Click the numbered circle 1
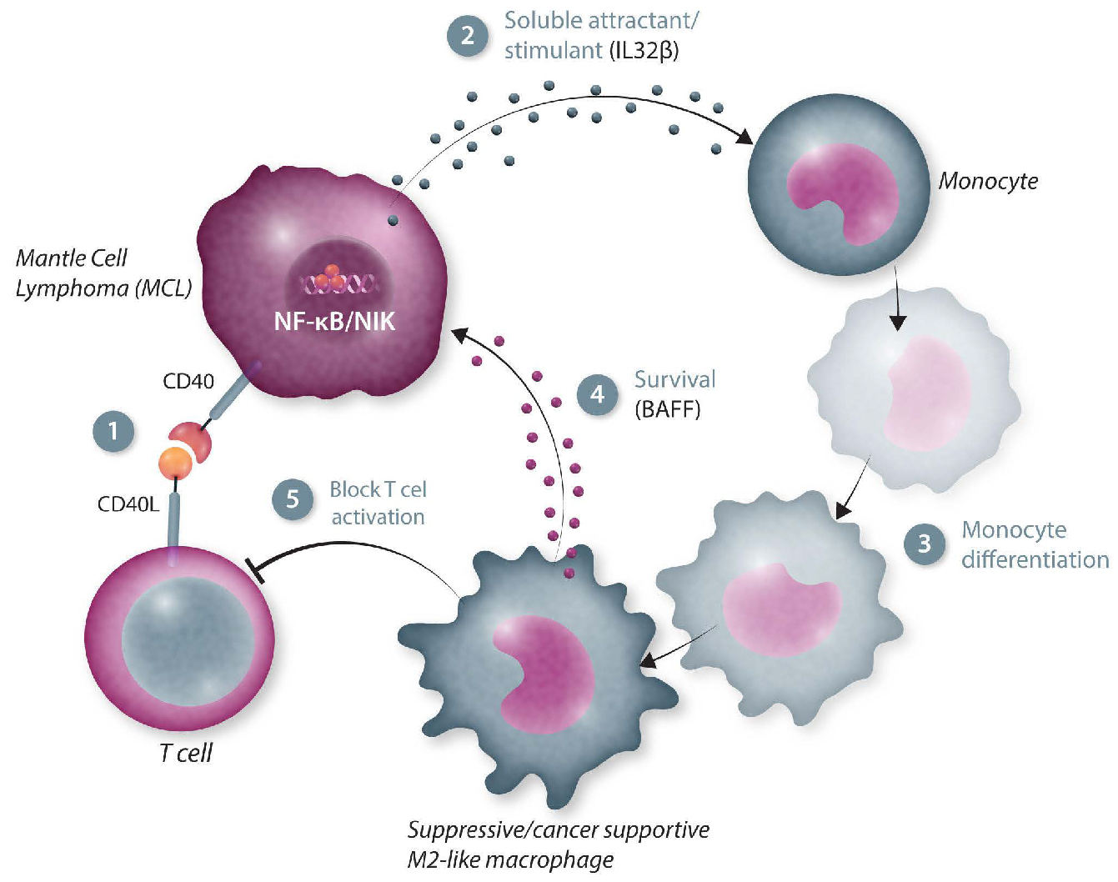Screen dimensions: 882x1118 click(x=113, y=431)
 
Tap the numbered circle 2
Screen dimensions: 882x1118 click(x=467, y=36)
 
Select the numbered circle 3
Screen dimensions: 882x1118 click(x=924, y=544)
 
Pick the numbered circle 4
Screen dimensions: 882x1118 click(x=597, y=393)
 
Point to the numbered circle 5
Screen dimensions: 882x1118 click(x=293, y=499)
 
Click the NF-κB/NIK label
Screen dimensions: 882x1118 click(x=334, y=321)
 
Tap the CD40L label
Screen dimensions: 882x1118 click(x=128, y=504)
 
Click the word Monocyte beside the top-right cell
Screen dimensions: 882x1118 click(x=988, y=181)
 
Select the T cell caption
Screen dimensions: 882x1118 click(x=185, y=753)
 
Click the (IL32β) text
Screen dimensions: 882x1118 click(x=644, y=51)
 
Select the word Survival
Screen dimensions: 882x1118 click(x=674, y=379)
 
